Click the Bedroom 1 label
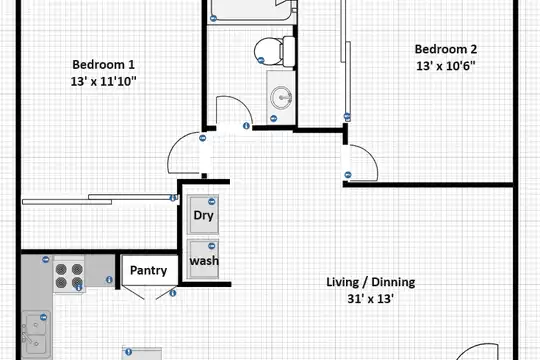point(103,64)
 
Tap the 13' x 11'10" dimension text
point(103,82)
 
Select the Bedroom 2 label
point(446,49)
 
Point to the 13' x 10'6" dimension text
point(446,65)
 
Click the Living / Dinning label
point(371,282)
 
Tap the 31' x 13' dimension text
point(371,298)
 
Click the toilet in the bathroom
point(274,51)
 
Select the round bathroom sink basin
point(281,97)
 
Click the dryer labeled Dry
point(203,214)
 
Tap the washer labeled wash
point(203,259)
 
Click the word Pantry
point(148,270)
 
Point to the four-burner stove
point(69,274)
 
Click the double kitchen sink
point(35,334)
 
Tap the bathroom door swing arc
point(241,101)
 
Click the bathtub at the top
point(251,10)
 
